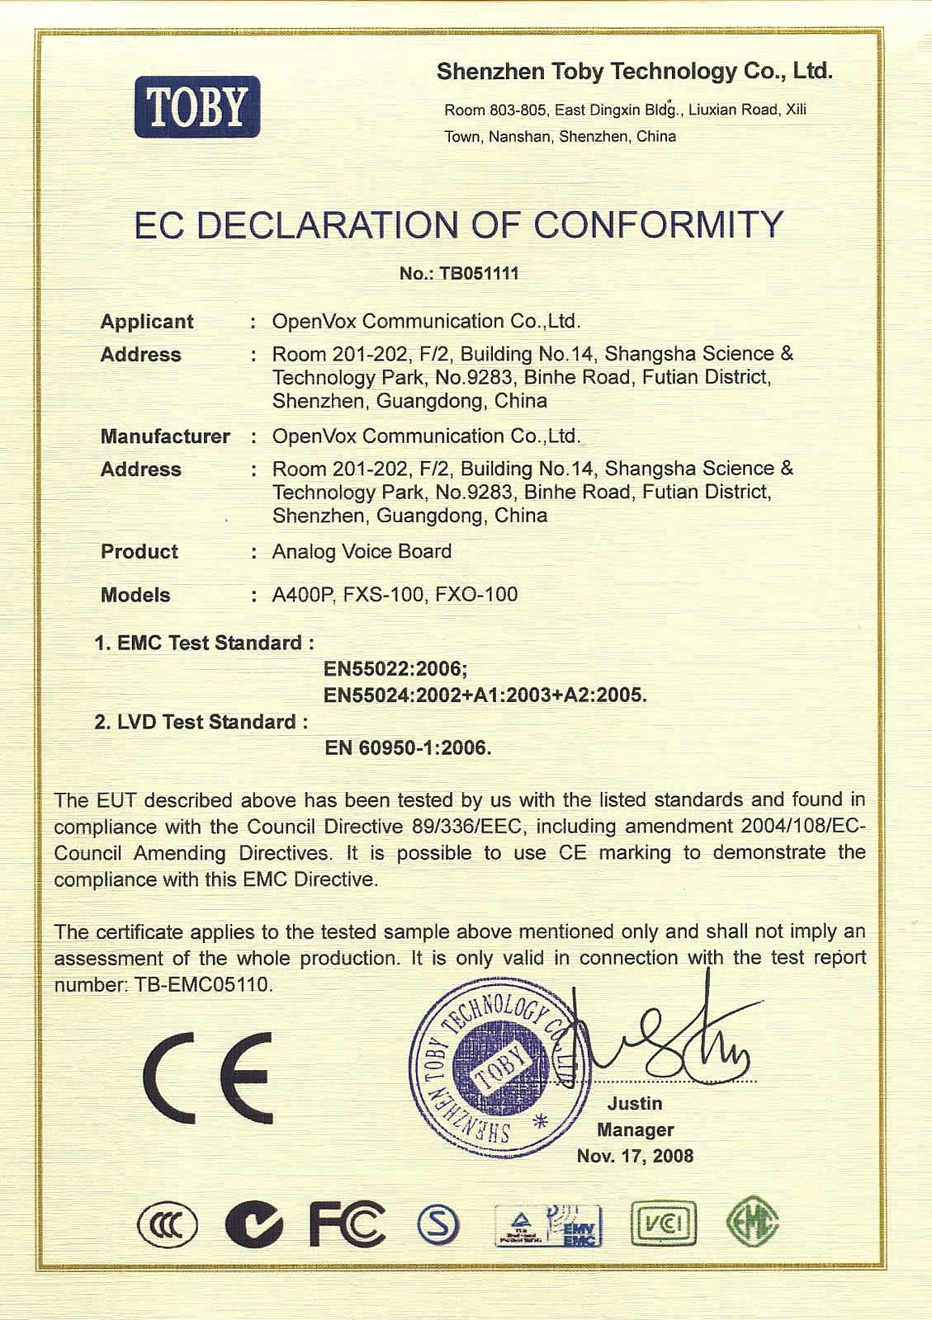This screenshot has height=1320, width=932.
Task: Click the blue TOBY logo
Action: point(197,106)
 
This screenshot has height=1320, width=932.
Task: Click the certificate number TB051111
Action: point(480,274)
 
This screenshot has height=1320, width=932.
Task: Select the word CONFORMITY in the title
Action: point(657,225)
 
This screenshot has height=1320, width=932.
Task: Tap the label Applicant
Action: point(147,322)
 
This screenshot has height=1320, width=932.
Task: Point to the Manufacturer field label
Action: point(165,436)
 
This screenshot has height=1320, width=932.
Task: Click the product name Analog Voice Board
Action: point(362,551)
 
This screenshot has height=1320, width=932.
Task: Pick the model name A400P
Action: point(301,595)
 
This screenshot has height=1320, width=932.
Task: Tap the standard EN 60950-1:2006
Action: point(408,748)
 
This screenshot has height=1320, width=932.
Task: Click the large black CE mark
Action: point(207,1077)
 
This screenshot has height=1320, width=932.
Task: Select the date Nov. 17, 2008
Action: point(635,1156)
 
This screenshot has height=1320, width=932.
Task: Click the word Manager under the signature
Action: point(635,1129)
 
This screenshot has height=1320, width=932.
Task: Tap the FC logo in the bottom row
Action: point(347,1223)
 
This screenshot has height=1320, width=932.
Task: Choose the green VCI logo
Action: point(663,1223)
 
